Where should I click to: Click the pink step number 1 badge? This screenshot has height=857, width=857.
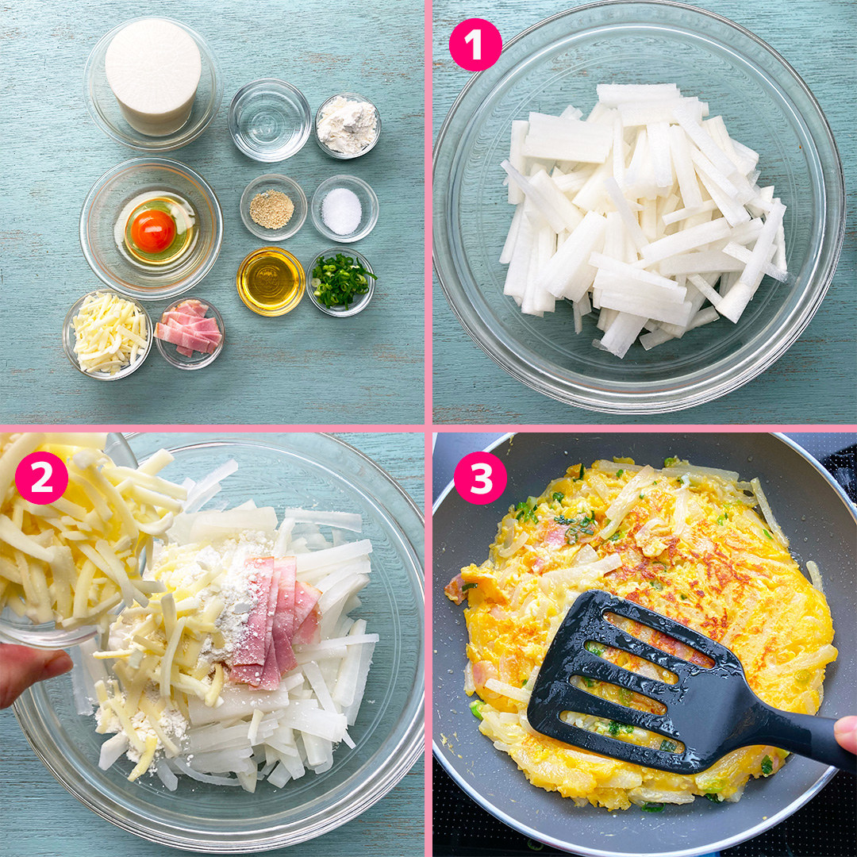click(x=475, y=44)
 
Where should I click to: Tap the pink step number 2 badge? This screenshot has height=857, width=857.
click(x=41, y=478)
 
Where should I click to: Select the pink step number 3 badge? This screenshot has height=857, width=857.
click(x=480, y=478)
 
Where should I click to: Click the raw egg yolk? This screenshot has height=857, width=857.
click(x=153, y=230)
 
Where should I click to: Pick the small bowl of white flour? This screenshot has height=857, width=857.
click(x=348, y=125)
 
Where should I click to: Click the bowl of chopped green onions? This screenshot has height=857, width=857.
click(x=341, y=282)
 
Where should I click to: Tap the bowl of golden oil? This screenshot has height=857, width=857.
click(x=271, y=281)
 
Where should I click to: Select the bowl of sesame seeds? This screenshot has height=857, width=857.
click(x=273, y=208)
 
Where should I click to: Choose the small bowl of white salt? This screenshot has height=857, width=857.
click(x=344, y=209)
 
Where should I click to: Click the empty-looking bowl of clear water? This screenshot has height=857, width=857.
click(x=270, y=120)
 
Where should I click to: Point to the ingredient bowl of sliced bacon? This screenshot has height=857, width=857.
click(x=190, y=332)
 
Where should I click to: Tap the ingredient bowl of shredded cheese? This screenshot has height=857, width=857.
click(x=108, y=335)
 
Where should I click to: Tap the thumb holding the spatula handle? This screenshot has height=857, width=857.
click(x=846, y=734)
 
